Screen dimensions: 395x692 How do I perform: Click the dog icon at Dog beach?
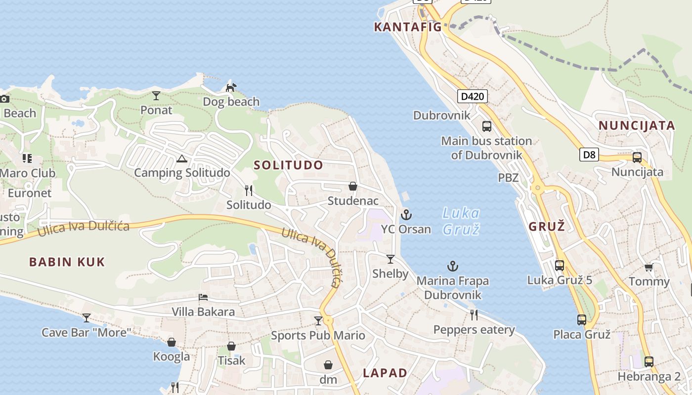point(231,87)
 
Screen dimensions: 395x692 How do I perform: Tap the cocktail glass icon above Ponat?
point(156,95)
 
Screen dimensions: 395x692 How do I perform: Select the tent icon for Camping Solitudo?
point(181,158)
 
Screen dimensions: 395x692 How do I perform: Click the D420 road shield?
point(472,96)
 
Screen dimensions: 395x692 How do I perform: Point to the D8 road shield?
point(589,155)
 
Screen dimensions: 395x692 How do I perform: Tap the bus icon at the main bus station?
point(487,126)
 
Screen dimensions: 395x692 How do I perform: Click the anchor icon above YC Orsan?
point(406,214)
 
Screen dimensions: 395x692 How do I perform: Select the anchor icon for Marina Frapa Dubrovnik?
point(452,266)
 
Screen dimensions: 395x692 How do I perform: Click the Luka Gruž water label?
point(461,221)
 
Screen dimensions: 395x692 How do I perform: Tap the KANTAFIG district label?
point(408,27)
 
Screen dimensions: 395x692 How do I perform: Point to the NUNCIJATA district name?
point(637,125)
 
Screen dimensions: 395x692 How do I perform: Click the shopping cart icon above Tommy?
point(649,267)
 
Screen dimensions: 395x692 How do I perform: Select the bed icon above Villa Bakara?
point(203,297)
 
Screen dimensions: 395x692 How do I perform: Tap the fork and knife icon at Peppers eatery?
point(474,315)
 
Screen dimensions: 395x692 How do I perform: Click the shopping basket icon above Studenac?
point(352,186)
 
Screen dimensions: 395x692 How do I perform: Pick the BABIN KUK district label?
point(67,262)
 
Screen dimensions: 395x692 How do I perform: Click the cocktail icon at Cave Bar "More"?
point(86,317)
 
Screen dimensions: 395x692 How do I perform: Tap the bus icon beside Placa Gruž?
point(581,319)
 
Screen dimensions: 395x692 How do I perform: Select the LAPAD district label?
point(385,373)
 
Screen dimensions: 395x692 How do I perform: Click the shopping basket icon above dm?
point(328,365)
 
